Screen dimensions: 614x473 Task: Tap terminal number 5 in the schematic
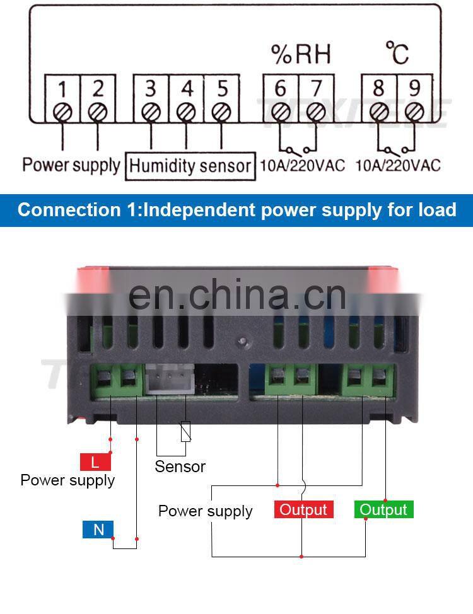[221, 89]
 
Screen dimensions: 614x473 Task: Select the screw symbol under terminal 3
[150, 112]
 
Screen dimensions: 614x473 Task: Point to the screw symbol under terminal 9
[414, 112]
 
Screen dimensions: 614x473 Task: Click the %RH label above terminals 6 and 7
[301, 55]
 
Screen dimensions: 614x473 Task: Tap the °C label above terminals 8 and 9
[397, 54]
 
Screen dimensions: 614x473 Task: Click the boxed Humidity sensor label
[190, 166]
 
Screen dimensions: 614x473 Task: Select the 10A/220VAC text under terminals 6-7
[303, 166]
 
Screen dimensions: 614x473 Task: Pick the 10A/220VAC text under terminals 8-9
[397, 166]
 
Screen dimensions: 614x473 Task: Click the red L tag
[95, 462]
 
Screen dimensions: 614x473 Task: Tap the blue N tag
[98, 530]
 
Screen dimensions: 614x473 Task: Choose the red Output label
[303, 509]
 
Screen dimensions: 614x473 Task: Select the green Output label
[383, 509]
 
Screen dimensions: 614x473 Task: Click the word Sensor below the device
[180, 466]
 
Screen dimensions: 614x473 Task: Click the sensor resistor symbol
[185, 431]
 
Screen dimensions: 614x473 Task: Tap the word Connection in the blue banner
[68, 210]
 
